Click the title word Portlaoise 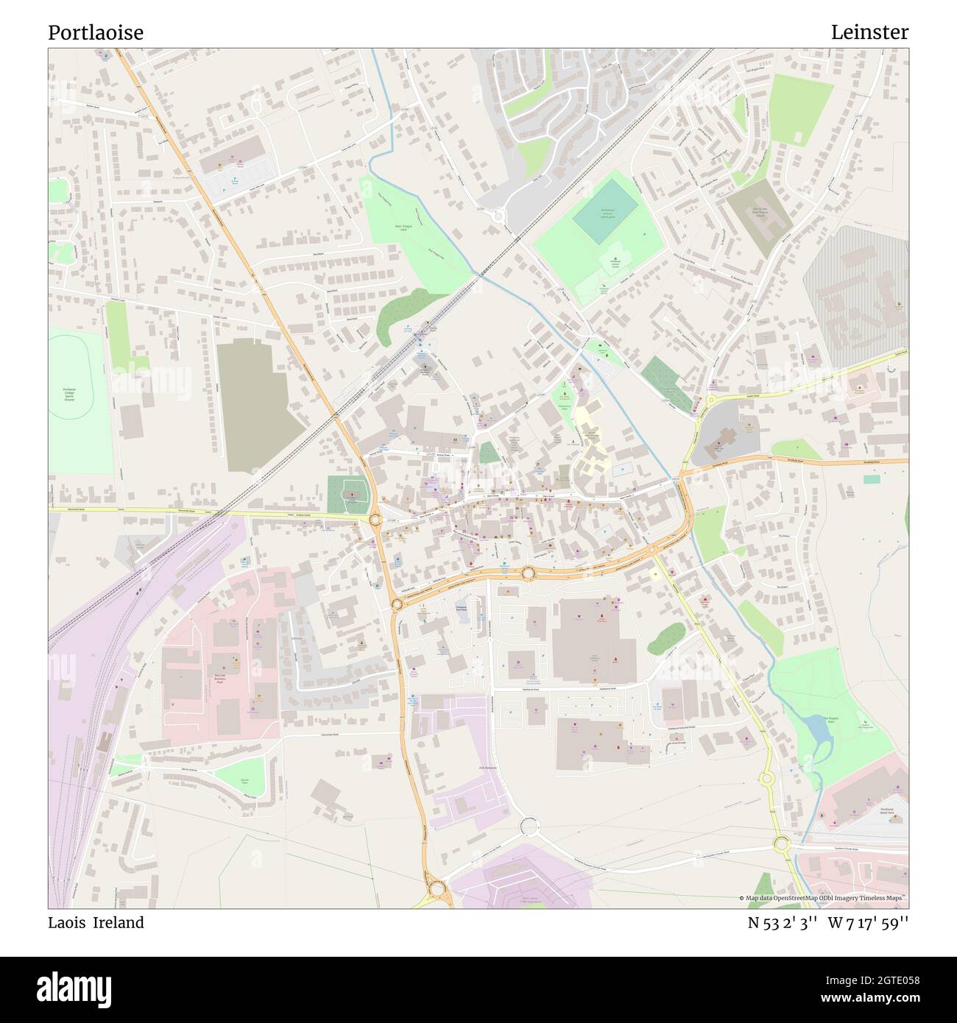96,32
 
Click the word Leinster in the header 869,32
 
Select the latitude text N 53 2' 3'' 783,922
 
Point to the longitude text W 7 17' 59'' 868,922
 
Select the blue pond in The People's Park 817,729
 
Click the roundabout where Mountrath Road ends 375,520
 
